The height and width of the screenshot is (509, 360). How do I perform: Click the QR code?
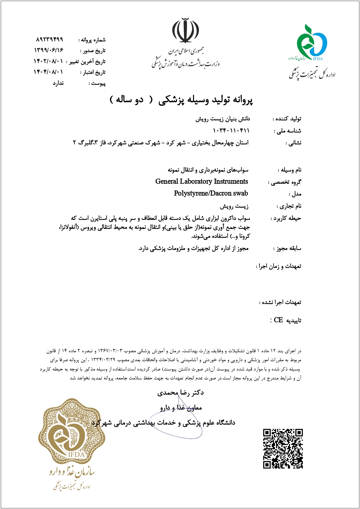click(283, 449)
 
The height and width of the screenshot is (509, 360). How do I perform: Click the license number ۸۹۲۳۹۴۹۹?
click(50, 39)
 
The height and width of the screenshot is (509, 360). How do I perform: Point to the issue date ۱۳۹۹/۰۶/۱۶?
click(49, 50)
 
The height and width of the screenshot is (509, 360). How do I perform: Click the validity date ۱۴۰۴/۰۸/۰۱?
click(48, 72)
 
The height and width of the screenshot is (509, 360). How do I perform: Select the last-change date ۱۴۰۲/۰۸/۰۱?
click(48, 61)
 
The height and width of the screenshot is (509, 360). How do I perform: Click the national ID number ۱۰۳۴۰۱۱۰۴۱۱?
click(231, 131)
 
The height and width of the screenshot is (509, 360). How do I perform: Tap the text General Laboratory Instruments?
click(202, 181)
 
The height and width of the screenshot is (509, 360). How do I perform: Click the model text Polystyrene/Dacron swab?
click(211, 193)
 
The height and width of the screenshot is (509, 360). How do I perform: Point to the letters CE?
click(278, 320)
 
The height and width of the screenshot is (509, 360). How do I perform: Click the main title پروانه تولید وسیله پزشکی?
click(205, 100)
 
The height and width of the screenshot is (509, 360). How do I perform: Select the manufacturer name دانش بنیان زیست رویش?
click(223, 119)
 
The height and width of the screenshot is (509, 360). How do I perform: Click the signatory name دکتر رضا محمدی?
click(181, 393)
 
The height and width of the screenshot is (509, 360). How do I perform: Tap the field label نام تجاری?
click(289, 206)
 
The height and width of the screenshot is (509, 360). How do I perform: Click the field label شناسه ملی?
click(288, 131)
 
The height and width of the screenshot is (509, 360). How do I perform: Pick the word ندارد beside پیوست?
click(58, 83)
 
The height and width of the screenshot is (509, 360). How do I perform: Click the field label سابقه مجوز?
click(287, 248)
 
